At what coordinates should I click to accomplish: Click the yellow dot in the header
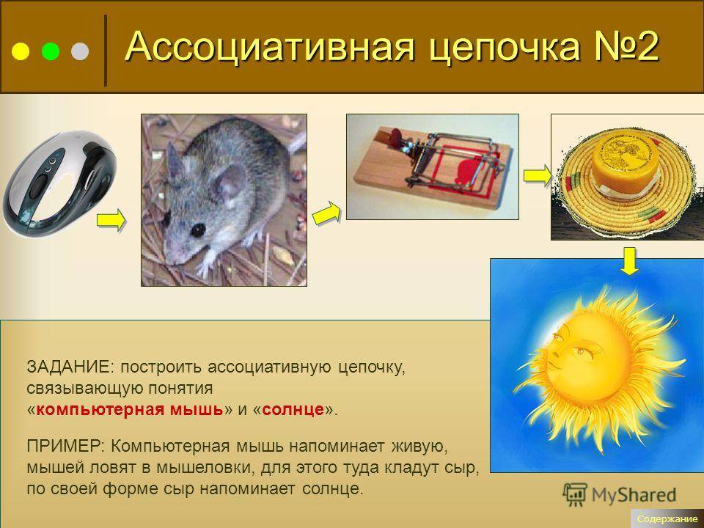[21, 51]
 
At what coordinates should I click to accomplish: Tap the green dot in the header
[51, 51]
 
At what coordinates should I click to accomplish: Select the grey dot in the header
[80, 51]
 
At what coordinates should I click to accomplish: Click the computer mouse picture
[59, 183]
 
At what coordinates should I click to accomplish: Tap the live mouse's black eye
[197, 230]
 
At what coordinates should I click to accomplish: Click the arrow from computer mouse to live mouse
[111, 220]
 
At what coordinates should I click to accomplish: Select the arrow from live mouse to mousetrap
[326, 213]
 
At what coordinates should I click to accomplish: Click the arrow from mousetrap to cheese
[538, 175]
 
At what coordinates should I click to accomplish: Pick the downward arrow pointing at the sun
[630, 261]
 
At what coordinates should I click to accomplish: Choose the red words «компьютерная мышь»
[130, 409]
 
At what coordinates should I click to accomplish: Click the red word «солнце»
[293, 409]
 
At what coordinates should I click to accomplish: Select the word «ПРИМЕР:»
[65, 446]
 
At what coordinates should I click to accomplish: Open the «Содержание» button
[667, 518]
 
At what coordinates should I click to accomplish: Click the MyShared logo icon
[575, 495]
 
